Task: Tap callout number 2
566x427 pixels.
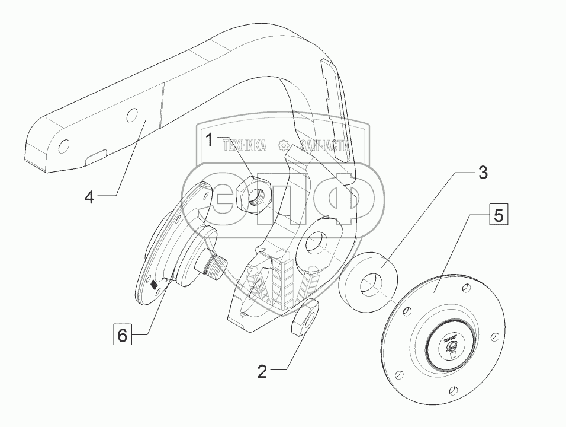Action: [x=262, y=372]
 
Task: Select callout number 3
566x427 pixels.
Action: [x=483, y=173]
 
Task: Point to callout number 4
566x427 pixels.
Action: [x=89, y=197]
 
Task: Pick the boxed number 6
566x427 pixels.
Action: [x=121, y=336]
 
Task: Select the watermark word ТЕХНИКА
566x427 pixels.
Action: [x=244, y=145]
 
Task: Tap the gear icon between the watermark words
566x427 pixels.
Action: [x=284, y=145]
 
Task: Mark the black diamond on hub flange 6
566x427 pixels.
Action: [x=155, y=285]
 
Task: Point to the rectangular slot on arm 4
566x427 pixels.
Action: [x=95, y=157]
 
